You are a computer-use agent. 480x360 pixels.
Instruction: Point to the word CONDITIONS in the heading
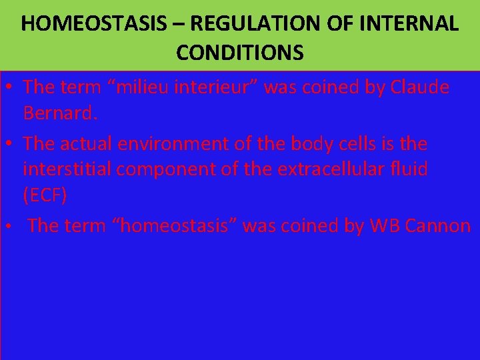tap(240, 52)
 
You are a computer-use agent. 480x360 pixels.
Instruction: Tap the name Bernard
tap(61, 113)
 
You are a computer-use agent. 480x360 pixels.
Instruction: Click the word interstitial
tap(67, 169)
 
